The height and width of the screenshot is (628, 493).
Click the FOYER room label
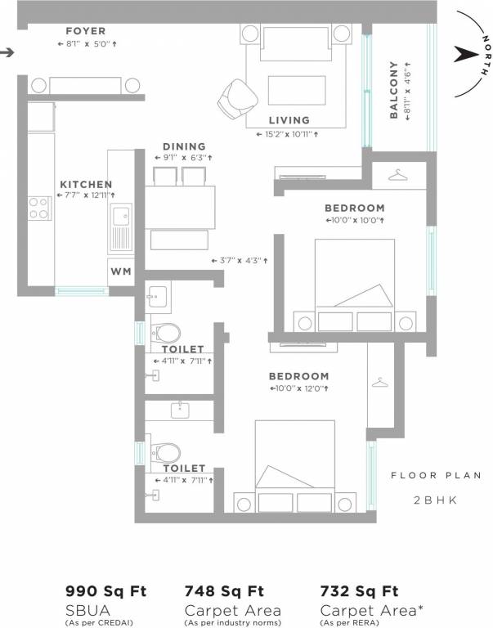pos(86,31)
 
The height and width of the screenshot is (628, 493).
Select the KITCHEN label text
pos(86,185)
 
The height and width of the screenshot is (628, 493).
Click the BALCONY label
pos(394,90)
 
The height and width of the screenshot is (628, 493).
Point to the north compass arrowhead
pos(464,54)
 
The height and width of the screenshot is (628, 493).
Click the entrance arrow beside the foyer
pos(7,53)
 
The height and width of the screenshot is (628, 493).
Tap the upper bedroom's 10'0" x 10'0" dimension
pos(355,220)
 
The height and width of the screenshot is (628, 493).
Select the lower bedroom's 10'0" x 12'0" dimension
pos(299,388)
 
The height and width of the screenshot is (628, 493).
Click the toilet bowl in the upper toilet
pos(168,332)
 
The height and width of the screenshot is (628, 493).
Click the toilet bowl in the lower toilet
pos(168,451)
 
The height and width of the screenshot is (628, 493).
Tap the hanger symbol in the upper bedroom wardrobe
pos(397,174)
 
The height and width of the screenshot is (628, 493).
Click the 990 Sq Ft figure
pos(101,591)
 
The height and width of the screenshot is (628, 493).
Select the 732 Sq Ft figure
pos(359,591)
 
